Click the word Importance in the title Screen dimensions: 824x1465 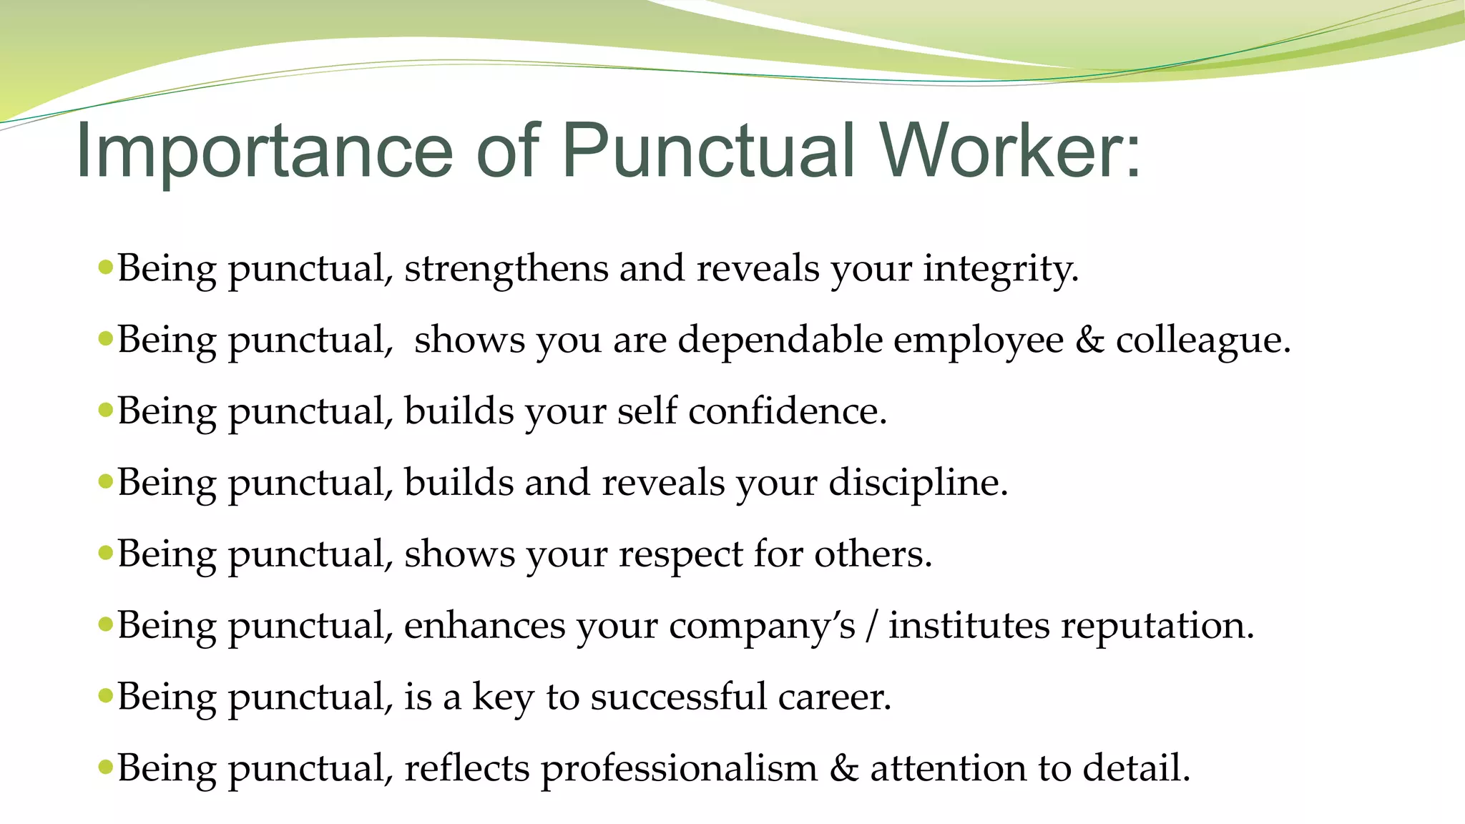tap(264, 152)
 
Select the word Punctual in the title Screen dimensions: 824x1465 tap(707, 152)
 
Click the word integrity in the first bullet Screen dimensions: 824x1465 tap(1000, 270)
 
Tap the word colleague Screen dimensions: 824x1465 tap(1202, 341)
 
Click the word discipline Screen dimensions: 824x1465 tap(918, 484)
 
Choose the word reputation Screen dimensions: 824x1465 tap(1157, 627)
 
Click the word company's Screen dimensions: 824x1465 tap(762, 627)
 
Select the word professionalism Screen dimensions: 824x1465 tap(679, 769)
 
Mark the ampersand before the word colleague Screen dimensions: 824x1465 tap(1089, 340)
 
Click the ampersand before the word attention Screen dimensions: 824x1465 tap(843, 769)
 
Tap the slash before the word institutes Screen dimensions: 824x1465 tap(871, 627)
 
